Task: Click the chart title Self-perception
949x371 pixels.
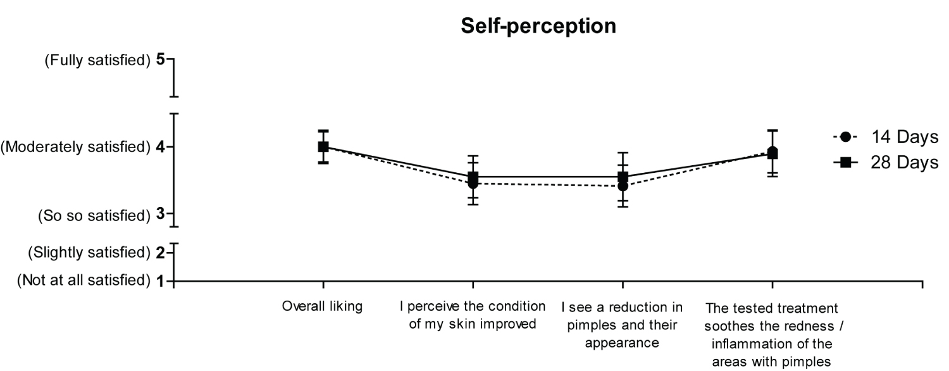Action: click(x=538, y=26)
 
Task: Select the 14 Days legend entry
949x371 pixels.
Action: click(x=904, y=137)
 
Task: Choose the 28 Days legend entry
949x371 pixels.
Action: click(x=904, y=163)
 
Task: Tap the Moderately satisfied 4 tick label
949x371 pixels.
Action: click(x=82, y=148)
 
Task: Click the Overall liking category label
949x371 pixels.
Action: click(x=323, y=307)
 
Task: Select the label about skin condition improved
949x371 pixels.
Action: click(x=473, y=315)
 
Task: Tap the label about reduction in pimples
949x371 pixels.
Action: click(x=623, y=325)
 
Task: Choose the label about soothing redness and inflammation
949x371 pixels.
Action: click(x=772, y=334)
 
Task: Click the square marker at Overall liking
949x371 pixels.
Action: click(x=323, y=147)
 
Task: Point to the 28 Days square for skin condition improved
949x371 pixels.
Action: click(x=473, y=177)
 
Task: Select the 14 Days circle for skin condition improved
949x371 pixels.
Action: click(x=473, y=184)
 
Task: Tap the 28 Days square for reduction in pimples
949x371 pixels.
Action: click(x=623, y=177)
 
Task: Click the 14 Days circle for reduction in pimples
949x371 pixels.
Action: click(x=623, y=186)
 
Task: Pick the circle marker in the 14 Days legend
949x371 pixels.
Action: click(x=848, y=137)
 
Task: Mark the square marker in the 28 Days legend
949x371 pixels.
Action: click(x=848, y=163)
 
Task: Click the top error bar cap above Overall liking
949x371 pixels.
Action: click(x=323, y=130)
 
